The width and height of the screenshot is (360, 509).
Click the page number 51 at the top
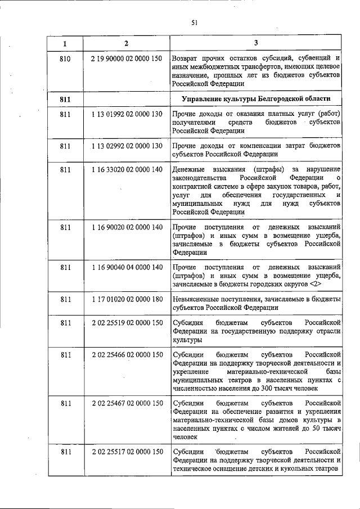pos(195,22)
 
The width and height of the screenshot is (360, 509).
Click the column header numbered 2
pos(126,43)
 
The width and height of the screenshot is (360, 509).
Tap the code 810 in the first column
pos(65,58)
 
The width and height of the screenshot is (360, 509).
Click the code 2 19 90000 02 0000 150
pos(126,58)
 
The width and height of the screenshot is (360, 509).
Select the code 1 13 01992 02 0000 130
pos(126,114)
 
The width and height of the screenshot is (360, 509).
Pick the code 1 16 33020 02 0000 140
pos(126,169)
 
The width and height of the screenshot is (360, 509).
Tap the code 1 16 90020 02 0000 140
pos(126,227)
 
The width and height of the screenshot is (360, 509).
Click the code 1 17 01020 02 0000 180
pos(126,300)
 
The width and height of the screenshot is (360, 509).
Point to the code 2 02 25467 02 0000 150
pos(126,404)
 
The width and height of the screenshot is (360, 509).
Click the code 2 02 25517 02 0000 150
pos(126,452)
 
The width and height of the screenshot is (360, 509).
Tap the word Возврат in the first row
pos(186,58)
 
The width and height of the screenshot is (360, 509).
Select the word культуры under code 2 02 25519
pos(186,340)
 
